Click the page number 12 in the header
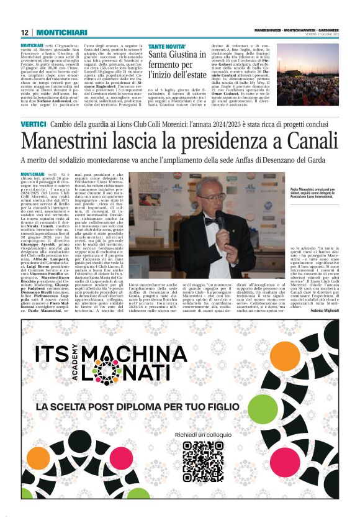click(x=24, y=32)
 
